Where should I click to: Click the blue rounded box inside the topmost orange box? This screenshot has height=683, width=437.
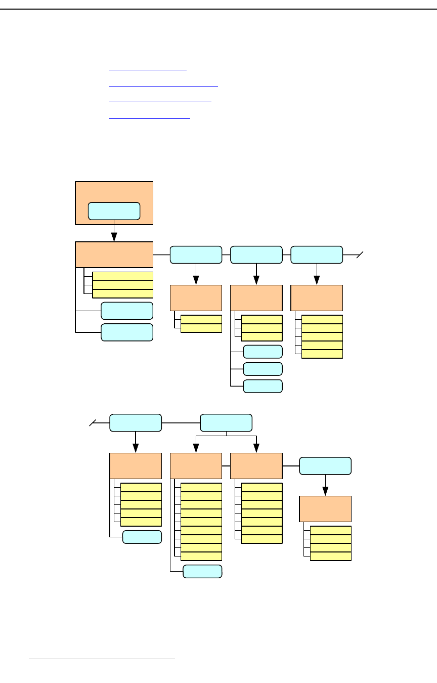click(x=114, y=211)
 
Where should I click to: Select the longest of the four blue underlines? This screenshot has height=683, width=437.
click(x=163, y=86)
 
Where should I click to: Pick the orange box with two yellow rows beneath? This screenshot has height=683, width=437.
click(x=196, y=298)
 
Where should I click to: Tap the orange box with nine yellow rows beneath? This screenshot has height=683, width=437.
click(x=196, y=466)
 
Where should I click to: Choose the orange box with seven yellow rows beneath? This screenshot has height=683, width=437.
click(x=256, y=466)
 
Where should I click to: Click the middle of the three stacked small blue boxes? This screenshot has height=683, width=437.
click(x=263, y=369)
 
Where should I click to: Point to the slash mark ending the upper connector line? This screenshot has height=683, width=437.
click(x=359, y=255)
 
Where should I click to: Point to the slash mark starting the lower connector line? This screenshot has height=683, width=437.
click(x=93, y=422)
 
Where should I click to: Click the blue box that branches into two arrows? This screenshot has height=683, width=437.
click(x=226, y=422)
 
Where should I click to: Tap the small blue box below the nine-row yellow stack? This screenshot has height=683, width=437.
click(x=202, y=571)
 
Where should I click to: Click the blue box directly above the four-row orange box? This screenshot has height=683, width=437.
click(x=325, y=466)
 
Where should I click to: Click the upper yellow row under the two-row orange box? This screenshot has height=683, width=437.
click(x=201, y=319)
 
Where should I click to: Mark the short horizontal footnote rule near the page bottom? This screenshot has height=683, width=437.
click(x=102, y=659)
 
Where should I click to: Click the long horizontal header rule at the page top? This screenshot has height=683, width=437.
click(x=219, y=9)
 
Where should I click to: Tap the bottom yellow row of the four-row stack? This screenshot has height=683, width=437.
click(x=330, y=557)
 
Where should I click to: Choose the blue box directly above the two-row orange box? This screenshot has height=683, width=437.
click(x=196, y=254)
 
